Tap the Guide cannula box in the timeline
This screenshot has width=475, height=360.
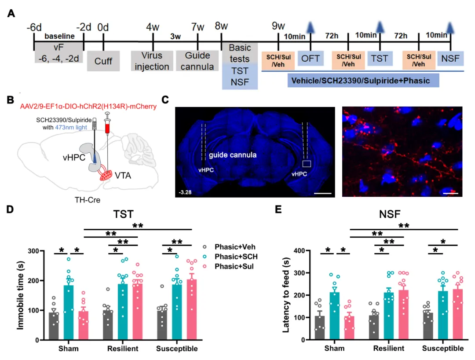197,61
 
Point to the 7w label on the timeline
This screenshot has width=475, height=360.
197,27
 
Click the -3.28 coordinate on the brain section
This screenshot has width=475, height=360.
185,192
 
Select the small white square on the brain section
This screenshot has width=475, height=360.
307,164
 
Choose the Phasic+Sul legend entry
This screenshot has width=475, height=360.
236,266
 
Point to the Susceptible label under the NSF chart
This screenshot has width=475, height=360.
443,349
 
